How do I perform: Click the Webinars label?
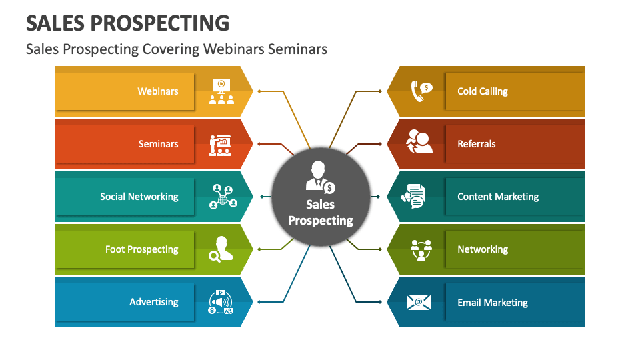tap(157, 91)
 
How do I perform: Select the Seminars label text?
tap(158, 144)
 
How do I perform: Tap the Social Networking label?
tap(139, 197)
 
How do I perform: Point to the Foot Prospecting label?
tap(141, 249)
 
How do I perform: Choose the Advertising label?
tap(154, 302)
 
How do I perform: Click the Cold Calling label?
tap(483, 91)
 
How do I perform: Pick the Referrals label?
tap(476, 144)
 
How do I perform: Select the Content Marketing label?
tap(498, 197)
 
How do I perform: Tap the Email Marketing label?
tap(492, 303)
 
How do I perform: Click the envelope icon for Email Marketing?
tap(419, 302)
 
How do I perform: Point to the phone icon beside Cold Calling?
tap(421, 91)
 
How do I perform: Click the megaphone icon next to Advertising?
tap(221, 302)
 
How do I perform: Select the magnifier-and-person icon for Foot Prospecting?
tap(221, 249)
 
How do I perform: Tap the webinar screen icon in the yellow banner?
tap(221, 91)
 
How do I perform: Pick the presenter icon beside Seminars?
tap(221, 145)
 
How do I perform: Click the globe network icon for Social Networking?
tap(223, 197)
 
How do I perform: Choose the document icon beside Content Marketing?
tap(413, 196)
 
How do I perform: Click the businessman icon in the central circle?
tap(321, 177)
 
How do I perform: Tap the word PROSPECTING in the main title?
tap(159, 23)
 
